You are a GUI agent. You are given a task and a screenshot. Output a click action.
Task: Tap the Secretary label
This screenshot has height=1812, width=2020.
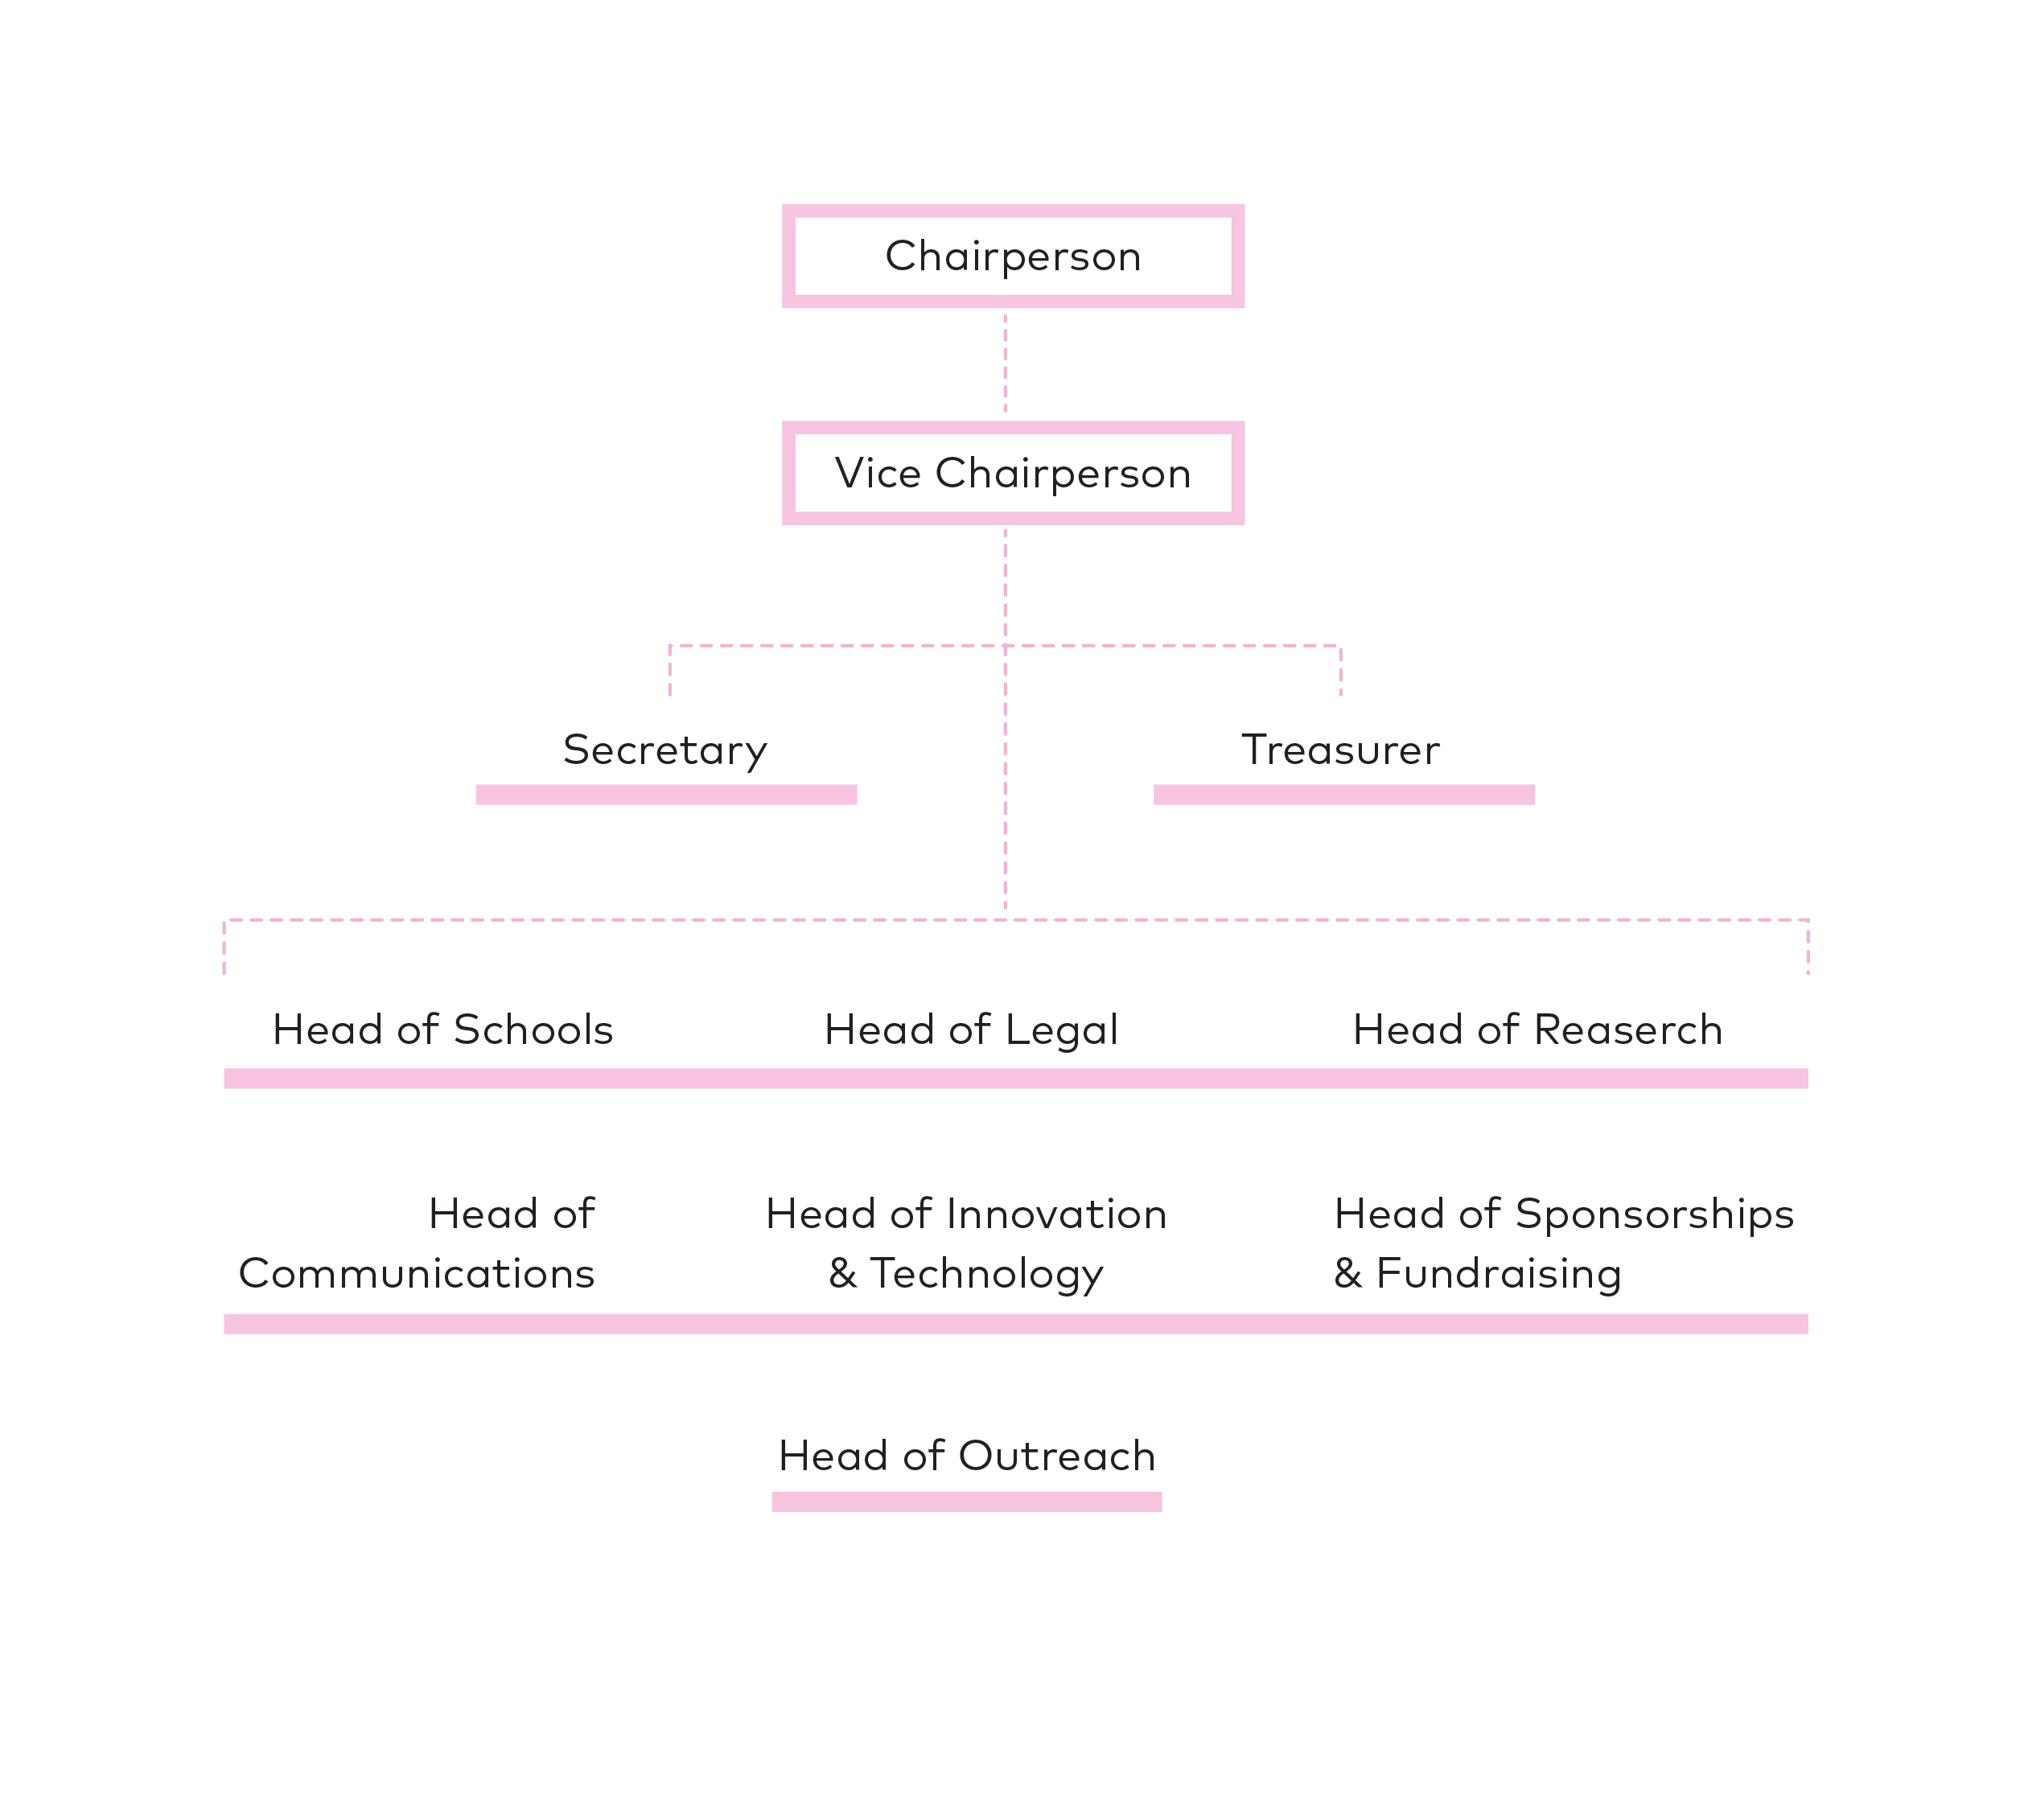click(x=664, y=750)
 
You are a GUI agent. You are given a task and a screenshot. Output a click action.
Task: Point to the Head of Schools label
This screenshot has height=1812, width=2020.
click(x=442, y=1029)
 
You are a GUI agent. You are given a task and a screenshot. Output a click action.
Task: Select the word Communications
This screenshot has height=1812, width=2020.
click(x=417, y=1273)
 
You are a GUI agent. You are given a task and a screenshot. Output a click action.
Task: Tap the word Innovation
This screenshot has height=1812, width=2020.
click(x=1057, y=1214)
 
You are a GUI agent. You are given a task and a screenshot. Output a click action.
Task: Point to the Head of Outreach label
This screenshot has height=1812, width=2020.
click(x=966, y=1456)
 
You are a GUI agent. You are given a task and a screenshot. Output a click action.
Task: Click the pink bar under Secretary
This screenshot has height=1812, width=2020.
click(x=666, y=795)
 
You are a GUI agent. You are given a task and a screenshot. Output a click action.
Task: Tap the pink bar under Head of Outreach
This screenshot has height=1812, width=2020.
click(x=966, y=1502)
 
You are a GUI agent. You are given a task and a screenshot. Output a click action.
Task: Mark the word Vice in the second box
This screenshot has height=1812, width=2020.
click(x=878, y=473)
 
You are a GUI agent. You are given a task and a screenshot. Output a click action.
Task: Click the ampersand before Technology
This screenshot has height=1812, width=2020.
click(x=842, y=1273)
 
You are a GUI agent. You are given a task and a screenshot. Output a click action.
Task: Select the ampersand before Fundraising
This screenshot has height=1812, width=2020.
click(x=1347, y=1273)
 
